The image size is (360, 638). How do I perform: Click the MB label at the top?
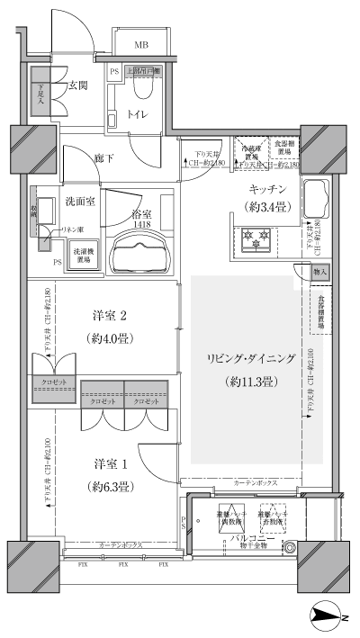pyautogui.click(x=142, y=44)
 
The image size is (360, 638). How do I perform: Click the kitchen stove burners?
pyautogui.click(x=255, y=240)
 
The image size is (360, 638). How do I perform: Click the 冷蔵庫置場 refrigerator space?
pyautogui.click(x=246, y=152)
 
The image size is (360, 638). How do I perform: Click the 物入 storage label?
pyautogui.click(x=320, y=271)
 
